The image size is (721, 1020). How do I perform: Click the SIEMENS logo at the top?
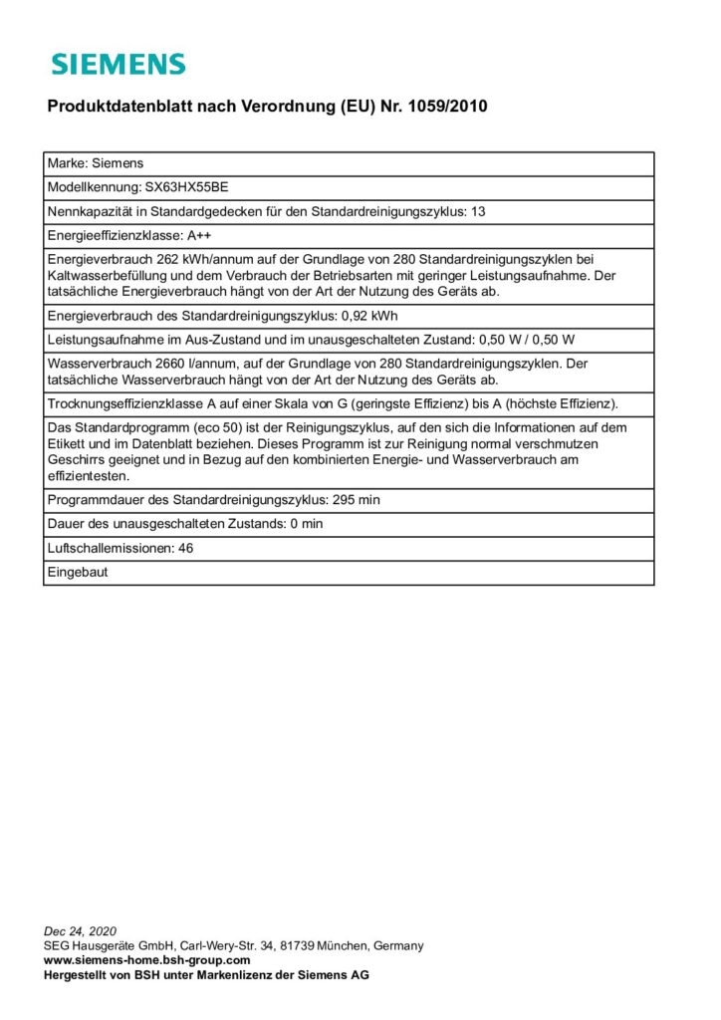(119, 65)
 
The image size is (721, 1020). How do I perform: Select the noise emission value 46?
(185, 548)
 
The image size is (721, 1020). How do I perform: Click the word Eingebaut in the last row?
(77, 572)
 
